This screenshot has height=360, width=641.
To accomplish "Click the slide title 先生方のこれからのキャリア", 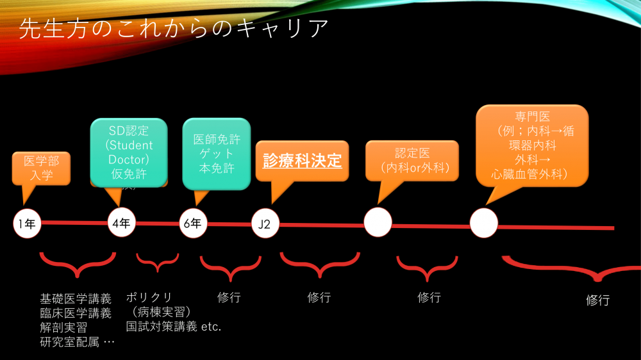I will (x=174, y=29).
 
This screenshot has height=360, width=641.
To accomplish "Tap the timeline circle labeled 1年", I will (x=27, y=224).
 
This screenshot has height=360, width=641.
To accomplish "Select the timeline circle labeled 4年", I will (x=122, y=224).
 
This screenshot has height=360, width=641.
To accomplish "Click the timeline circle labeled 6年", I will (x=194, y=224).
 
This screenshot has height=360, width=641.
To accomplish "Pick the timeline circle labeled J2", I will (x=265, y=224).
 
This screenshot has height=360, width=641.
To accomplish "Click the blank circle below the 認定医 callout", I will (x=378, y=222).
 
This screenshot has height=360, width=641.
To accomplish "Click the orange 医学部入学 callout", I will (x=40, y=168).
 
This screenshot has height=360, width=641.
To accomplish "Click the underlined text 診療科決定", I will (x=303, y=160).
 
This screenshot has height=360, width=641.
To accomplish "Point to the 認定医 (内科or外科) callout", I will (x=412, y=161).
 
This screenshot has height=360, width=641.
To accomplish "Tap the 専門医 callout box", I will (x=532, y=145).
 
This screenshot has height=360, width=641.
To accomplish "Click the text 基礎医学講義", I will (x=76, y=299).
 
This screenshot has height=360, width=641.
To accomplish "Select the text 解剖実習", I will (x=63, y=327).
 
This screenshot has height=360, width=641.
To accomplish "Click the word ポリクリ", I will (x=149, y=297).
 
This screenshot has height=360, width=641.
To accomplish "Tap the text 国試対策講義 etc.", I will (x=174, y=327).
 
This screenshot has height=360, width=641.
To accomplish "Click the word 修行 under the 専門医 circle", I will (x=597, y=300).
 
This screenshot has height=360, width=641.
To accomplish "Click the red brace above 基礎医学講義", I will (x=77, y=263).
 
